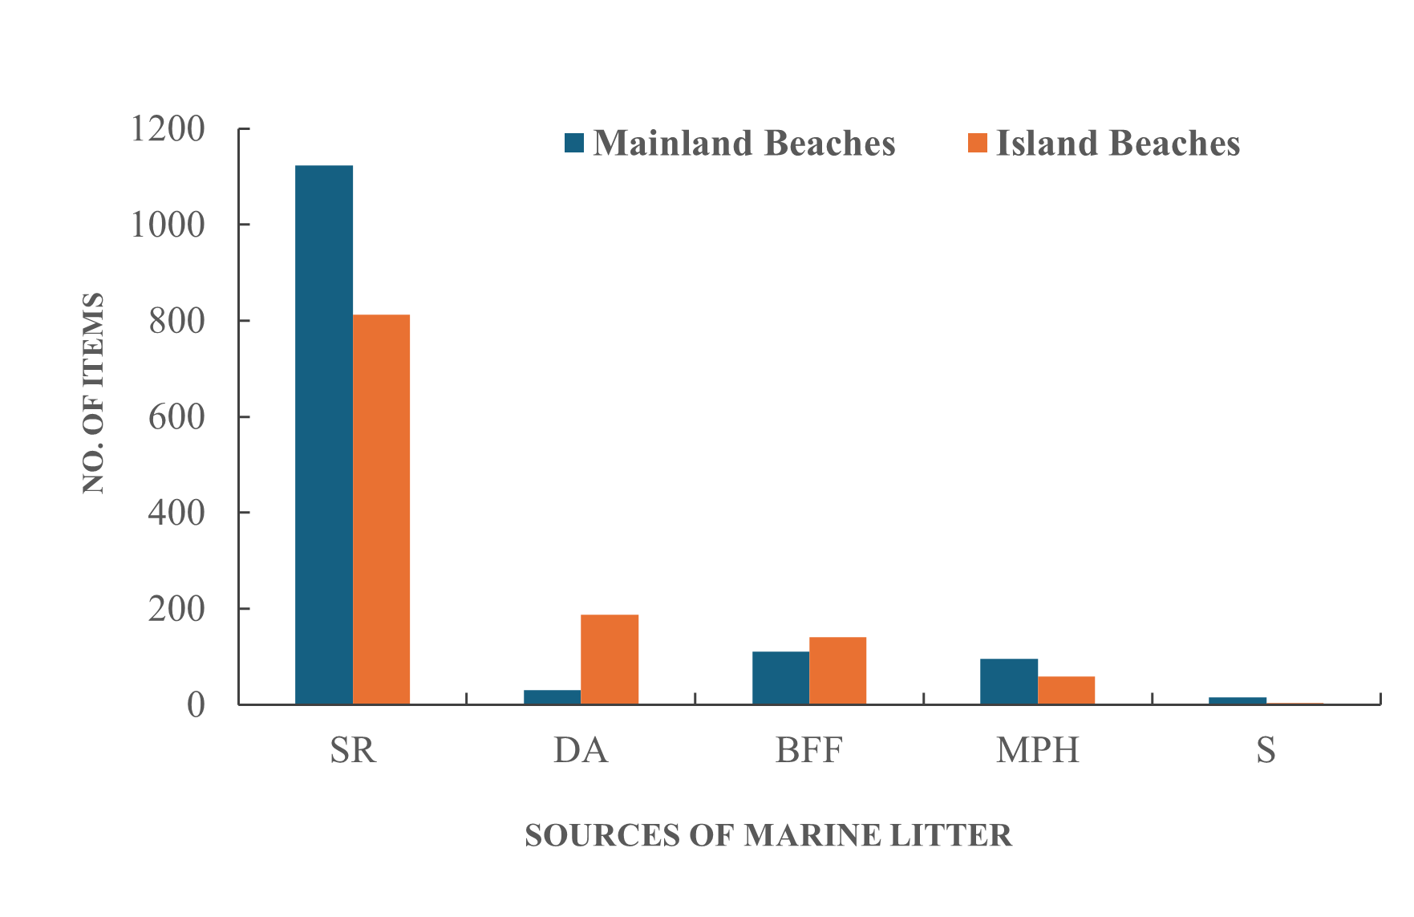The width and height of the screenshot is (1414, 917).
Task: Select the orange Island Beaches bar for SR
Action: pos(381,509)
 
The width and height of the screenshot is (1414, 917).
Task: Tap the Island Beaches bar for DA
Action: pos(610,659)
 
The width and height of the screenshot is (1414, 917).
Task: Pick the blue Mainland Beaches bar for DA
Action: pos(552,697)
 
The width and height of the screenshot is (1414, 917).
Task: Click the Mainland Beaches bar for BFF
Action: pos(780,678)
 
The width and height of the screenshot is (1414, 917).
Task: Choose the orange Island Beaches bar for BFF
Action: pos(837,671)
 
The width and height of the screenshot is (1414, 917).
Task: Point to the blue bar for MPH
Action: pos(1009,681)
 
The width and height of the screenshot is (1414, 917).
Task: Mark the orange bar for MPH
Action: pos(1066,690)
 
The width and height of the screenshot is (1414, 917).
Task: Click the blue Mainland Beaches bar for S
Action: pos(1237,700)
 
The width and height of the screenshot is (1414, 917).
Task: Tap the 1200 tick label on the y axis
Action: pos(168,128)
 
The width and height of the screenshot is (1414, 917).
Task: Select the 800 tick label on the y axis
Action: pos(176,321)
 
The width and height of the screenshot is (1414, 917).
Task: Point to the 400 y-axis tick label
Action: pos(176,513)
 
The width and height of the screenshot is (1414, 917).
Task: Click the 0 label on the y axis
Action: pos(196,705)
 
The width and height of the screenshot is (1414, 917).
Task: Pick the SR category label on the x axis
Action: pos(353,750)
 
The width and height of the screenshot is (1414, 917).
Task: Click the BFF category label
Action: pos(808,750)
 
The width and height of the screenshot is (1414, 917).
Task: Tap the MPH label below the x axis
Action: pos(1037,750)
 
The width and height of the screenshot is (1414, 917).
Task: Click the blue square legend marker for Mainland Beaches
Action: pos(574,143)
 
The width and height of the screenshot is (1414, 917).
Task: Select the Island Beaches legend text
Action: pos(1118,143)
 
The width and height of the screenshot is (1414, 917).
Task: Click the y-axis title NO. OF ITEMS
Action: pos(94,393)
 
